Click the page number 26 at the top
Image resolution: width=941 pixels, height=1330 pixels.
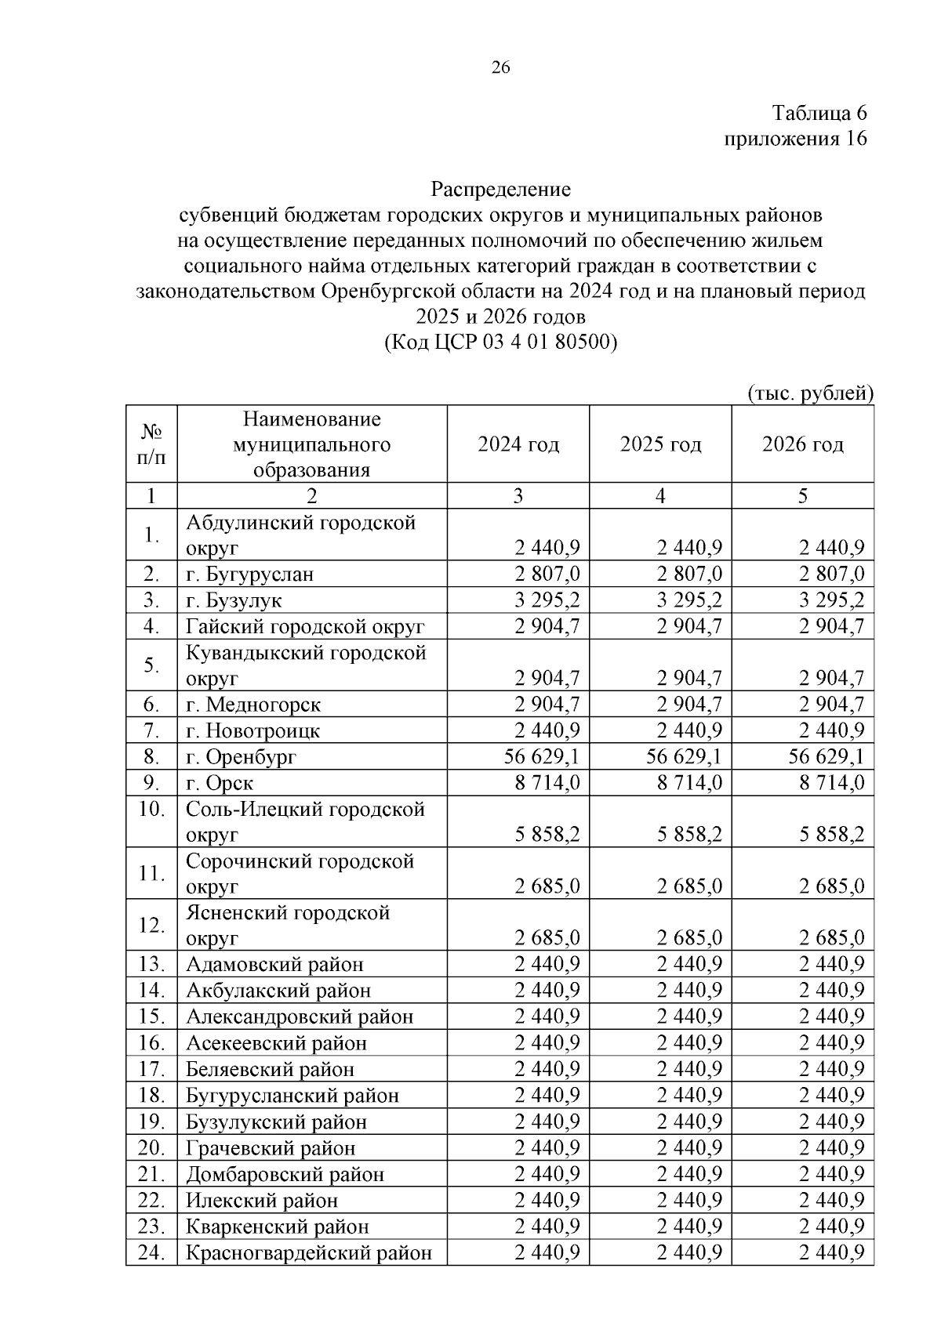click(x=500, y=68)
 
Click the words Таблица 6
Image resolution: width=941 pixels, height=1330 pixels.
click(x=819, y=113)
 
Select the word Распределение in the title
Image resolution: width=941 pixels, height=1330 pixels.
click(x=500, y=190)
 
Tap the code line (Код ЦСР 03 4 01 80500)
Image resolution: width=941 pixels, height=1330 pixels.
click(x=500, y=342)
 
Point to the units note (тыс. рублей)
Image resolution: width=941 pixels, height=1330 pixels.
click(x=810, y=393)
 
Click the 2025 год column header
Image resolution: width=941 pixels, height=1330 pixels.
click(x=660, y=444)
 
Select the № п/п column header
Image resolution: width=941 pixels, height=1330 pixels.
click(x=151, y=444)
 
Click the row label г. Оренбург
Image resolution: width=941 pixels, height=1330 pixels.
click(x=241, y=757)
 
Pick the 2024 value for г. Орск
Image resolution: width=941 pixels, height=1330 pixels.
click(x=547, y=783)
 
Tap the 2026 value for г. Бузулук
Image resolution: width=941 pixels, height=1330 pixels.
click(x=831, y=600)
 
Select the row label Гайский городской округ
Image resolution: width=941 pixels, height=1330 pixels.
click(x=305, y=626)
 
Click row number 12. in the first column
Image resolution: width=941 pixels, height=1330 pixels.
click(x=151, y=925)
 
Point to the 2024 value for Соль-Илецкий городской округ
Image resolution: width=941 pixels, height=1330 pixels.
click(x=547, y=835)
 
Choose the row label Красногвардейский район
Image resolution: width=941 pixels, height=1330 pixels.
click(x=309, y=1252)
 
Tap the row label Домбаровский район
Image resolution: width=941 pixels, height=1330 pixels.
click(x=285, y=1174)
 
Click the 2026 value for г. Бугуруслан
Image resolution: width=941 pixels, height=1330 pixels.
click(x=831, y=574)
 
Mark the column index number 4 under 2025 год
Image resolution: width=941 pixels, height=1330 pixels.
click(x=660, y=496)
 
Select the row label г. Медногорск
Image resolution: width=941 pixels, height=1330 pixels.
click(x=253, y=705)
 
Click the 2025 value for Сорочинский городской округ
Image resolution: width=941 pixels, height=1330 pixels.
click(x=689, y=886)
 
